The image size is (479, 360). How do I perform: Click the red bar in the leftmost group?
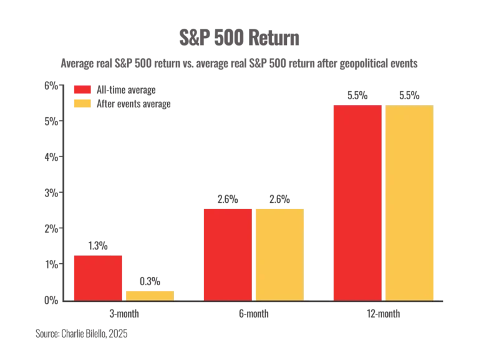click(x=98, y=278)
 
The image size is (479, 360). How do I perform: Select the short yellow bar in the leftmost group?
click(x=150, y=295)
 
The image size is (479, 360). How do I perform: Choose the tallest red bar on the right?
click(x=357, y=203)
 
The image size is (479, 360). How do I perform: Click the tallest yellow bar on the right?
click(x=409, y=203)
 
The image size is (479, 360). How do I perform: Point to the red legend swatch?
click(x=82, y=90)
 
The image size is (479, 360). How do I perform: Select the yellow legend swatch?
click(x=82, y=104)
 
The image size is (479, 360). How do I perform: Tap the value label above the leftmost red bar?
click(x=99, y=247)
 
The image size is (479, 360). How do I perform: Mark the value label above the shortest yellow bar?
click(x=150, y=282)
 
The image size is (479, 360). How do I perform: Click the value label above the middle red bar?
click(x=227, y=198)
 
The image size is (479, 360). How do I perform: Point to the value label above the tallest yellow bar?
click(x=409, y=96)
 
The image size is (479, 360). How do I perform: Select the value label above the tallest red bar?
click(x=357, y=96)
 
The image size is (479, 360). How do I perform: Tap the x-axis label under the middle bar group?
click(x=252, y=314)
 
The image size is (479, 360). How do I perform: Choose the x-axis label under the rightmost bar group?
click(x=382, y=314)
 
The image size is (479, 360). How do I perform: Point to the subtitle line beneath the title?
click(x=239, y=64)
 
